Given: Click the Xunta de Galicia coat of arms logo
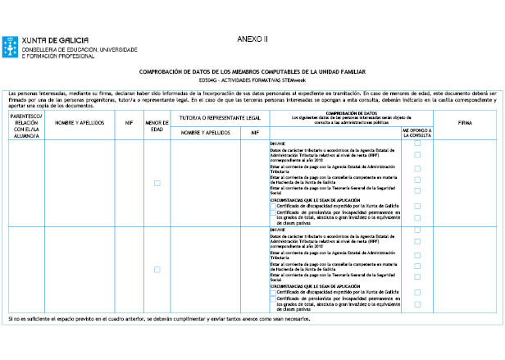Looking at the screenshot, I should click(11, 46).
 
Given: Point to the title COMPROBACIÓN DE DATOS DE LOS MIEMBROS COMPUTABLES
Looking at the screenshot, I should click(252, 71).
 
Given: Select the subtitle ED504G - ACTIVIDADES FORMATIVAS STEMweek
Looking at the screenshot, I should click(252, 80).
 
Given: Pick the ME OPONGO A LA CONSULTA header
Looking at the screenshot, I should click(417, 133).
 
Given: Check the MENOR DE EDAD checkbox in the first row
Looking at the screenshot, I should click(157, 183).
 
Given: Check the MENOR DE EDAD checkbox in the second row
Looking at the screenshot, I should click(157, 268).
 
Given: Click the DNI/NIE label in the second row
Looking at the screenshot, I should click(277, 229).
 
